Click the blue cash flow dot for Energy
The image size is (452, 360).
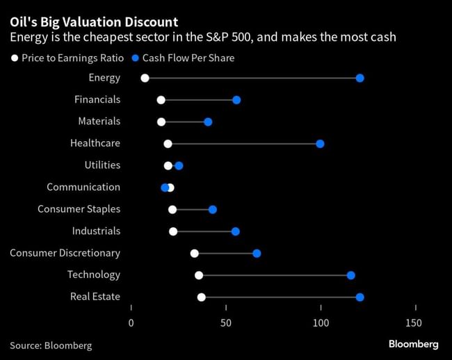tap(360, 78)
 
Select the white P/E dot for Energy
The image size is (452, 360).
tap(145, 78)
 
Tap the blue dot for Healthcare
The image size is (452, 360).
tap(320, 144)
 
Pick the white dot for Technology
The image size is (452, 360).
tap(199, 275)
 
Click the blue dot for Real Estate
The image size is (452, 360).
tap(360, 297)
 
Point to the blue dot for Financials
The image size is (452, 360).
tap(236, 100)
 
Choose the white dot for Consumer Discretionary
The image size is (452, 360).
tap(194, 254)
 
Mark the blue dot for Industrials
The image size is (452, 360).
tap(235, 231)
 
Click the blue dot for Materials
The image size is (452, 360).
tap(208, 122)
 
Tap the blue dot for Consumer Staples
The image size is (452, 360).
tap(213, 210)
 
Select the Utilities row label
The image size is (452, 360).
tap(102, 165)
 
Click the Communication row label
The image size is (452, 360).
tap(83, 187)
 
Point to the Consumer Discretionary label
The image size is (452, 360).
tap(65, 253)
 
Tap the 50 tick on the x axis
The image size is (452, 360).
tap(226, 323)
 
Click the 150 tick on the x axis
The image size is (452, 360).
tap(413, 323)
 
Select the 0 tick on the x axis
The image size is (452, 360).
tap(131, 323)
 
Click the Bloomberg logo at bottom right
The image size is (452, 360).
tap(413, 344)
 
